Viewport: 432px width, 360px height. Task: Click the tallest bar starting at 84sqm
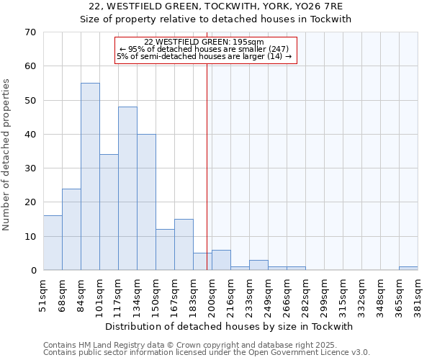[x=90, y=176]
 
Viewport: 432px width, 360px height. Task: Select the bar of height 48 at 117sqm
[x=127, y=189]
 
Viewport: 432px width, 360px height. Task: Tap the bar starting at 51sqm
[x=53, y=243]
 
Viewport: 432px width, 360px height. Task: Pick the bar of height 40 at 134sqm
[x=146, y=202]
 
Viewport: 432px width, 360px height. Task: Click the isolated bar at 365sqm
[x=408, y=269]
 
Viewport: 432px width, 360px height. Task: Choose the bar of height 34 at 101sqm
[x=109, y=212]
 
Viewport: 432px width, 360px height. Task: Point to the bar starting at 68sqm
[x=71, y=229]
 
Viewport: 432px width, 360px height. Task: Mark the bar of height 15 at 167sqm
[x=184, y=245]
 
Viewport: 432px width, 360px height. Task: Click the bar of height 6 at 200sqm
[x=221, y=260]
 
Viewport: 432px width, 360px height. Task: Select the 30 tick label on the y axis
[x=30, y=168]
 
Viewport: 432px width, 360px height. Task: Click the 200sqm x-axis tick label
[x=212, y=294]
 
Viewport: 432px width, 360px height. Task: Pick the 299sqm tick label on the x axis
[x=324, y=294]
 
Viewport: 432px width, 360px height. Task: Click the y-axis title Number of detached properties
[x=7, y=156]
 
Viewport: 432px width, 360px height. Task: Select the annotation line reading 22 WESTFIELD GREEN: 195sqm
[x=204, y=42]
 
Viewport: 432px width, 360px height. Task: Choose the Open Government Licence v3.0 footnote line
[x=207, y=353]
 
